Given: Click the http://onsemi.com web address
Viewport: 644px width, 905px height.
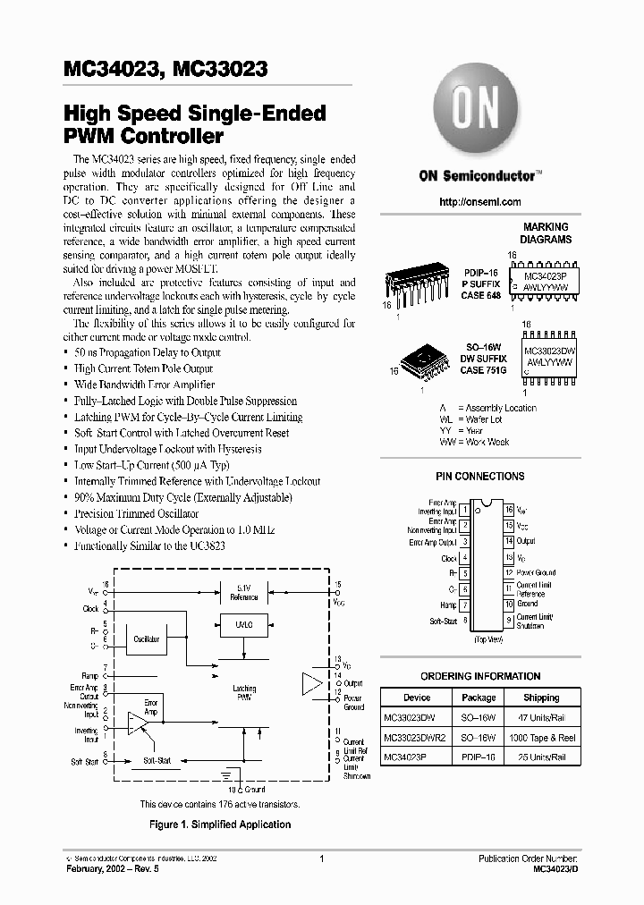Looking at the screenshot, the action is coord(480,202).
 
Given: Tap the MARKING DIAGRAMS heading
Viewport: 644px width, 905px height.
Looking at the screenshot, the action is coord(547,233).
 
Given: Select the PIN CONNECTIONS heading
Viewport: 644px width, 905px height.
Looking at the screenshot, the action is coord(480,477).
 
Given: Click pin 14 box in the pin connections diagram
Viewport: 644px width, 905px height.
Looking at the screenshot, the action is coord(508,541).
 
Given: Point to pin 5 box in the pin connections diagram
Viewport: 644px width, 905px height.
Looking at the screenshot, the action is coord(464,572).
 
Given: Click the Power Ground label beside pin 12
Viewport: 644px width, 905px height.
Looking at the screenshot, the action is coord(536,572).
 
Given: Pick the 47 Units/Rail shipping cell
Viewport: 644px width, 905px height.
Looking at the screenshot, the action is coord(541,717).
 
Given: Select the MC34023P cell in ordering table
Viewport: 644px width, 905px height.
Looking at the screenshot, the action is coord(407,757).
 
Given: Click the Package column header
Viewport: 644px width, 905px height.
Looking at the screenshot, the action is coord(479,698).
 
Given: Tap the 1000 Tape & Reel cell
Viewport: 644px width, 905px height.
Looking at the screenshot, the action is coord(541,737).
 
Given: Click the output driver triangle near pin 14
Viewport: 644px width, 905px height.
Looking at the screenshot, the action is coord(310,684).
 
